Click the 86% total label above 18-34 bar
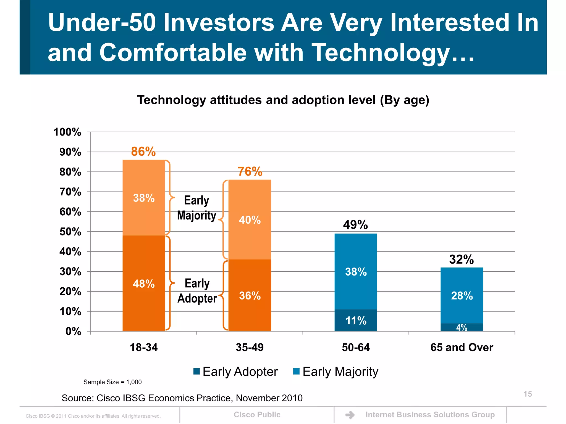click(143, 152)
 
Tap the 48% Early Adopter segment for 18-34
click(144, 283)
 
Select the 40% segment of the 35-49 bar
click(250, 220)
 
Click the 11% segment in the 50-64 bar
click(356, 320)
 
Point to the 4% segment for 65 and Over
click(462, 327)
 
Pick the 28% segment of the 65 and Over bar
click(462, 296)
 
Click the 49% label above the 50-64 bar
click(355, 225)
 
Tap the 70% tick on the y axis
click(70, 192)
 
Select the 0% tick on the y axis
click(73, 331)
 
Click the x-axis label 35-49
click(250, 347)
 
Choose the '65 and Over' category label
click(462, 347)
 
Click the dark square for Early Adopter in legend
click(196, 371)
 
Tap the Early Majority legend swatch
click(296, 371)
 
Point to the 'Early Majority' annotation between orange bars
click(196, 208)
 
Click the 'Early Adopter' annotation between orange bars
click(197, 291)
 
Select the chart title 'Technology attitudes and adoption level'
click(283, 100)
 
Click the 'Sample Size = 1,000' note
click(112, 382)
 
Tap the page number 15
click(528, 394)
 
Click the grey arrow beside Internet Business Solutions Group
click(350, 415)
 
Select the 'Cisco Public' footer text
click(257, 415)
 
